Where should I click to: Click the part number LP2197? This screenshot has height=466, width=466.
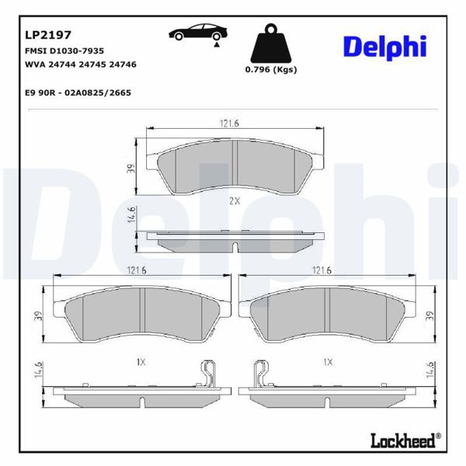pos(48,34)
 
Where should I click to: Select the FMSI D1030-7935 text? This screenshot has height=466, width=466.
pos(65,50)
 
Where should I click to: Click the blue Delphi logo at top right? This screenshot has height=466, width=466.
pos(385,47)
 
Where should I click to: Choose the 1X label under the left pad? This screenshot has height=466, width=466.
pos(141,362)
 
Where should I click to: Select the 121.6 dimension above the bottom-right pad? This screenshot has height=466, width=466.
pos(322,270)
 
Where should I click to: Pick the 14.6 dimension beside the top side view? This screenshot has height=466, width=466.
pos(133,214)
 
